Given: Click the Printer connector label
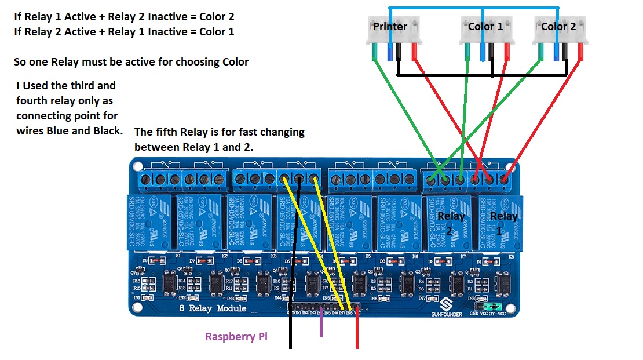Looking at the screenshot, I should click(x=390, y=27).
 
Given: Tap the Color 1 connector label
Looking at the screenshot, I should click(x=485, y=27).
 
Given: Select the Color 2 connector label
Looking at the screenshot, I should click(x=558, y=27).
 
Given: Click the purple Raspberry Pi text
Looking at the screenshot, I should click(x=236, y=337).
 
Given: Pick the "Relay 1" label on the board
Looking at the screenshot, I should click(x=503, y=222).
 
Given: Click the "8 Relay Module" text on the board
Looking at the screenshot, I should click(x=213, y=308).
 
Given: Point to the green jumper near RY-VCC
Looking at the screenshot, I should click(x=491, y=306).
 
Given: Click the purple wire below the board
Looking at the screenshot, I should click(x=321, y=326).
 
